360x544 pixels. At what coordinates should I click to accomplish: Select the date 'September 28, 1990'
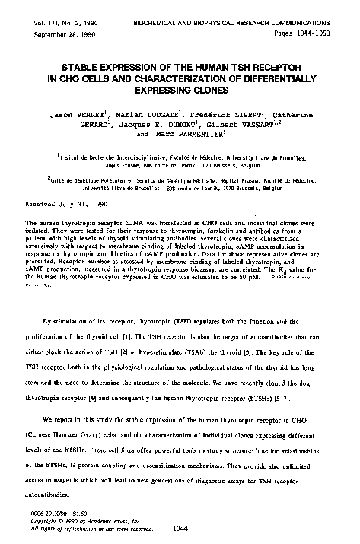50,14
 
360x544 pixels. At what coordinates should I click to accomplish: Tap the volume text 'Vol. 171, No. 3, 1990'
54,5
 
